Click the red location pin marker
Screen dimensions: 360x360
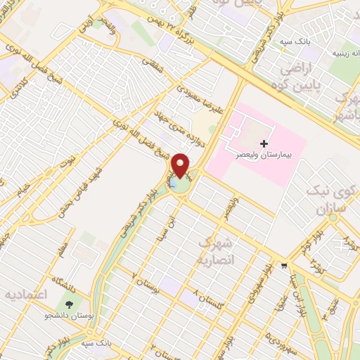[181, 165]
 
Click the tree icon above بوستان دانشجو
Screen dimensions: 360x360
[70, 304]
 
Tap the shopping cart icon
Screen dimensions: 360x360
[284, 265]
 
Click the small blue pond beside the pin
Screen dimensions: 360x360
[172, 184]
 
